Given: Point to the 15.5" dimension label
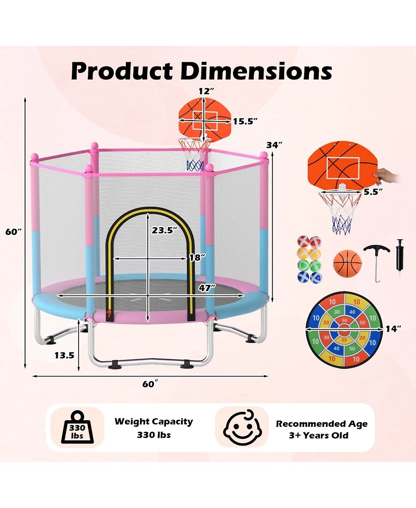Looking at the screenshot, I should pyautogui.click(x=245, y=121).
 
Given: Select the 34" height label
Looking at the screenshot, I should pyautogui.click(x=275, y=145).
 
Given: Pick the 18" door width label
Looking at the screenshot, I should pyautogui.click(x=197, y=257).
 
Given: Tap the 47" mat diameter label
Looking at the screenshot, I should pyautogui.click(x=207, y=287).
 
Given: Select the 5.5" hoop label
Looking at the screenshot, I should pyautogui.click(x=373, y=191).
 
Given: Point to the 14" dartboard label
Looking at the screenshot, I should pyautogui.click(x=394, y=328).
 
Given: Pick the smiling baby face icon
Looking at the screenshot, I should pyautogui.click(x=242, y=427).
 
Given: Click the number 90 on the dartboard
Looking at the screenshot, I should pyautogui.click(x=344, y=321).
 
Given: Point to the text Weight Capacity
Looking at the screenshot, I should pyautogui.click(x=153, y=422).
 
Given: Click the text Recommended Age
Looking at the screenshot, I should pyautogui.click(x=321, y=424).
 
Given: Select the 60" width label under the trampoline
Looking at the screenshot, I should pyautogui.click(x=149, y=384).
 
